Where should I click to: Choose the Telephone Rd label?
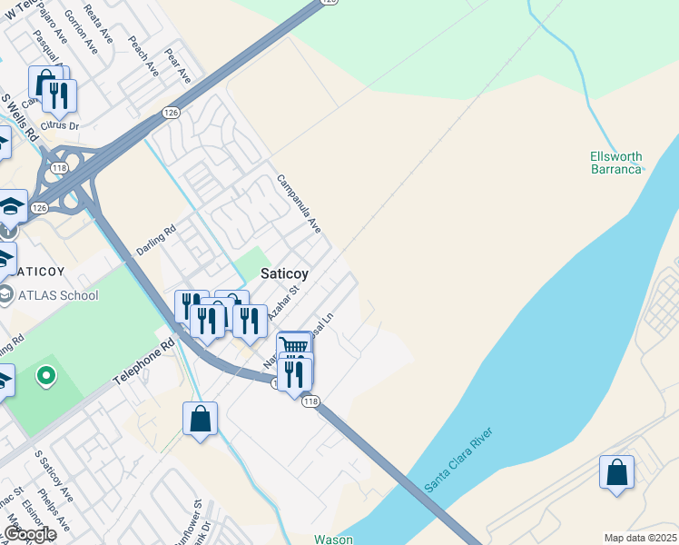point(143,362)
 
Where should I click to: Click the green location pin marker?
point(44,374)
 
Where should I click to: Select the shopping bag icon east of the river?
point(616,472)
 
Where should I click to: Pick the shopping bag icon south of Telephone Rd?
point(200,419)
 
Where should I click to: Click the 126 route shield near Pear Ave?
point(171,112)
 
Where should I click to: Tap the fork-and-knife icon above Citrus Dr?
point(59,94)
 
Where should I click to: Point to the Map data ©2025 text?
point(641,538)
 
